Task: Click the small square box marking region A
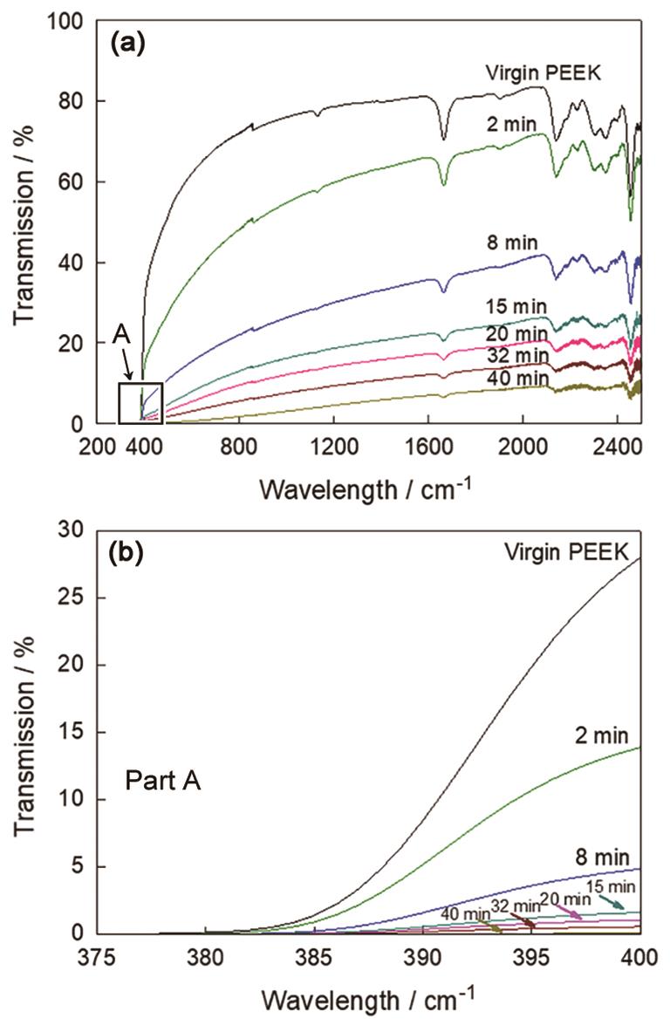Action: pos(140,403)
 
